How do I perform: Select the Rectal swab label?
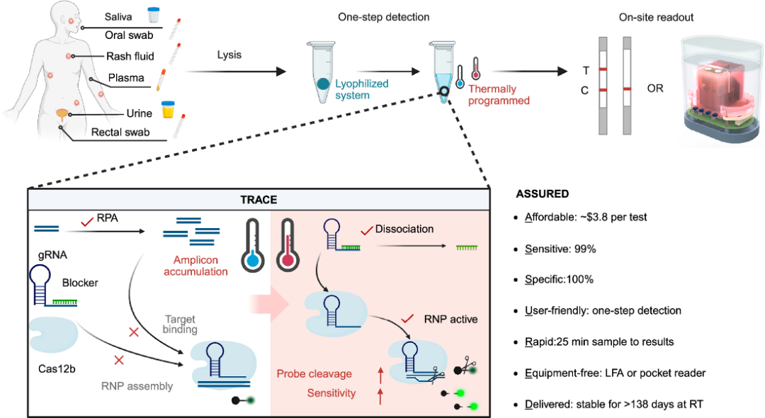pyautogui.click(x=120, y=132)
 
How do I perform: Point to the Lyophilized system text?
pyautogui.click(x=362, y=89)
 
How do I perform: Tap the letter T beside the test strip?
pyautogui.click(x=585, y=70)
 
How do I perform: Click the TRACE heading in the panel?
pyautogui.click(x=259, y=200)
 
